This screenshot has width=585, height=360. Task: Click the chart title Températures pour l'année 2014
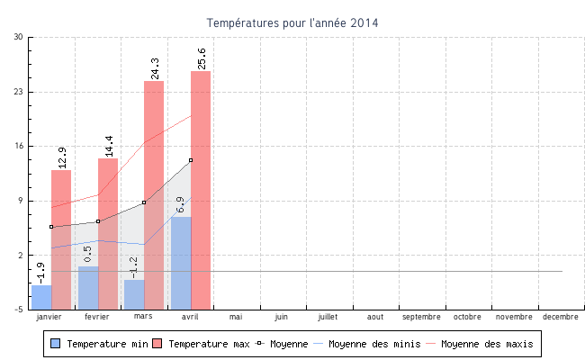[x=292, y=22]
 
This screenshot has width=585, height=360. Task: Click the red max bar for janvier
[x=61, y=238]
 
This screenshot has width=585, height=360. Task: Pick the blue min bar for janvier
[x=41, y=297]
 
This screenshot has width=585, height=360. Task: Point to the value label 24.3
[x=155, y=68]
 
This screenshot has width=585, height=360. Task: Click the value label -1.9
[x=40, y=273]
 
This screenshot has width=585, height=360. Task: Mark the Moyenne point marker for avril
[x=191, y=160]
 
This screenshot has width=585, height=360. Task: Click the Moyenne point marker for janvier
[x=51, y=227]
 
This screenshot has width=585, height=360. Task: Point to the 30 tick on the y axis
[x=19, y=37]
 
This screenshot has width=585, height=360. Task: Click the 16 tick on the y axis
[x=19, y=146]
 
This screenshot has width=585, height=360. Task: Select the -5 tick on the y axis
[x=19, y=310]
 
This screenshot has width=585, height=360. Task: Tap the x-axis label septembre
[x=421, y=317]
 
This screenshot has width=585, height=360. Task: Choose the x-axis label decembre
[x=561, y=317]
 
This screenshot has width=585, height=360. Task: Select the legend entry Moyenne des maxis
[x=487, y=344]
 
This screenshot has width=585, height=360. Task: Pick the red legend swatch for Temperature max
[x=157, y=344]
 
